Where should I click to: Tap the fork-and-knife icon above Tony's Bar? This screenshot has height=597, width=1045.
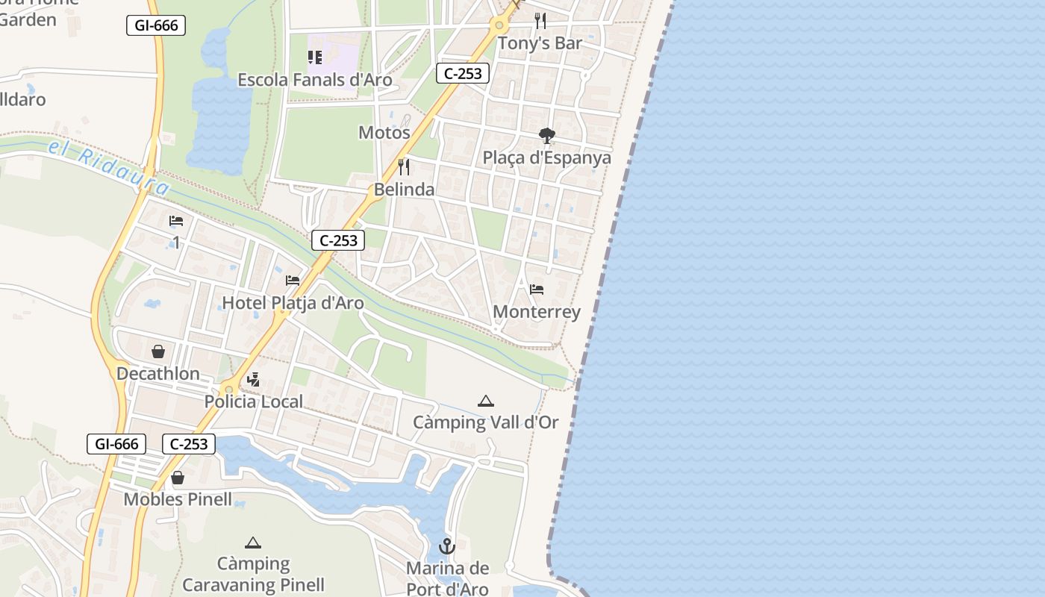pyautogui.click(x=540, y=20)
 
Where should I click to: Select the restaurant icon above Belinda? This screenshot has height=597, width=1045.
pyautogui.click(x=404, y=166)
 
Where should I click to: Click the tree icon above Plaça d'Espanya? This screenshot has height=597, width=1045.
pyautogui.click(x=547, y=135)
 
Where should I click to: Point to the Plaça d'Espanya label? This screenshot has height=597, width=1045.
pyautogui.click(x=546, y=158)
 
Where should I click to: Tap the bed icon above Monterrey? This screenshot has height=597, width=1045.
pyautogui.click(x=537, y=289)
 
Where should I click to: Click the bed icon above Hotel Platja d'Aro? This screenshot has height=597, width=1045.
pyautogui.click(x=293, y=281)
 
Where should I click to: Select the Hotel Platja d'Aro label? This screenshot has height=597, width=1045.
pyautogui.click(x=293, y=303)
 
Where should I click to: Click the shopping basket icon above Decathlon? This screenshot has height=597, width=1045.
pyautogui.click(x=158, y=351)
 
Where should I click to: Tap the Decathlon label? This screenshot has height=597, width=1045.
pyautogui.click(x=158, y=373)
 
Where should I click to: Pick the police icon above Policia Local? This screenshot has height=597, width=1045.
pyautogui.click(x=254, y=379)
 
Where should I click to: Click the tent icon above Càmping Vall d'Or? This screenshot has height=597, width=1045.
pyautogui.click(x=486, y=401)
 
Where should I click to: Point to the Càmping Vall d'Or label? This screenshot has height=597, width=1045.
pyautogui.click(x=486, y=422)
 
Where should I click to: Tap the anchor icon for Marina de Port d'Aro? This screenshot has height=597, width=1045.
pyautogui.click(x=447, y=546)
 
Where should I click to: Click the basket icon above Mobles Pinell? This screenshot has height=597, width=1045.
pyautogui.click(x=178, y=477)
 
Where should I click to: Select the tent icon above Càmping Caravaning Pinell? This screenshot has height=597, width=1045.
pyautogui.click(x=253, y=543)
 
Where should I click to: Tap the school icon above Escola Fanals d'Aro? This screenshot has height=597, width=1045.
pyautogui.click(x=315, y=57)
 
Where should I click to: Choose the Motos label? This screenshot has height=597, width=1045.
pyautogui.click(x=384, y=133)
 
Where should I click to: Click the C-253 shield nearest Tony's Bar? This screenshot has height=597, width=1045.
pyautogui.click(x=463, y=72)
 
